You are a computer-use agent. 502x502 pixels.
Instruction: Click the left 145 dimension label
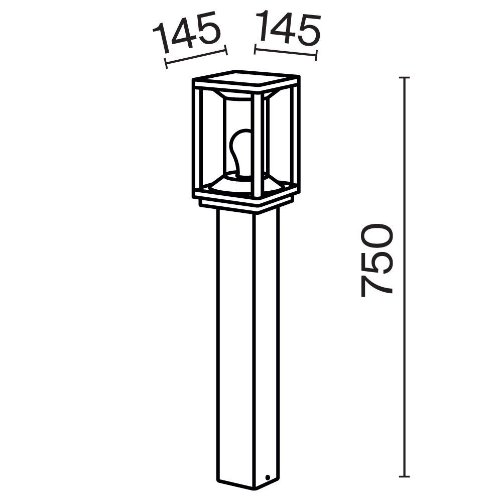point(187,33)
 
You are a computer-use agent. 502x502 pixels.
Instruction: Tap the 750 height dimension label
point(376,260)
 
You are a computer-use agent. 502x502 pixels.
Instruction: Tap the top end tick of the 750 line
point(405,78)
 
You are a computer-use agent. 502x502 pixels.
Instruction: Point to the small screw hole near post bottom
point(268,477)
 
